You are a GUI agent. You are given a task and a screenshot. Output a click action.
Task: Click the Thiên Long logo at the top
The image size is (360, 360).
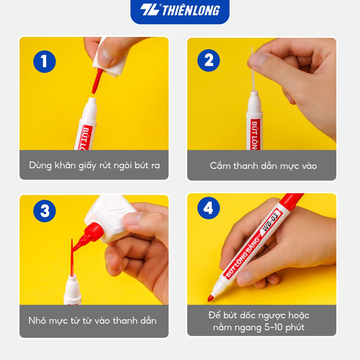point(180,11)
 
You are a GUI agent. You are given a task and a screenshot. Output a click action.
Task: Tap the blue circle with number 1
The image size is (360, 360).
point(44,61)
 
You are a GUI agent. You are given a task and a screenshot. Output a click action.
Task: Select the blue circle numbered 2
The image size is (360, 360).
point(209,60)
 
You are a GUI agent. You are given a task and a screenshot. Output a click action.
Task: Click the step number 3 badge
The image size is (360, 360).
point(45,211)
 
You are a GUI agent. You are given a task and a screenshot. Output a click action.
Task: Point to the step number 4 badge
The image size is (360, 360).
point(208,209)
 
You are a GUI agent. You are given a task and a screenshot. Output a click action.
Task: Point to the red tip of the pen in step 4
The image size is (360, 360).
point(211,298)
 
